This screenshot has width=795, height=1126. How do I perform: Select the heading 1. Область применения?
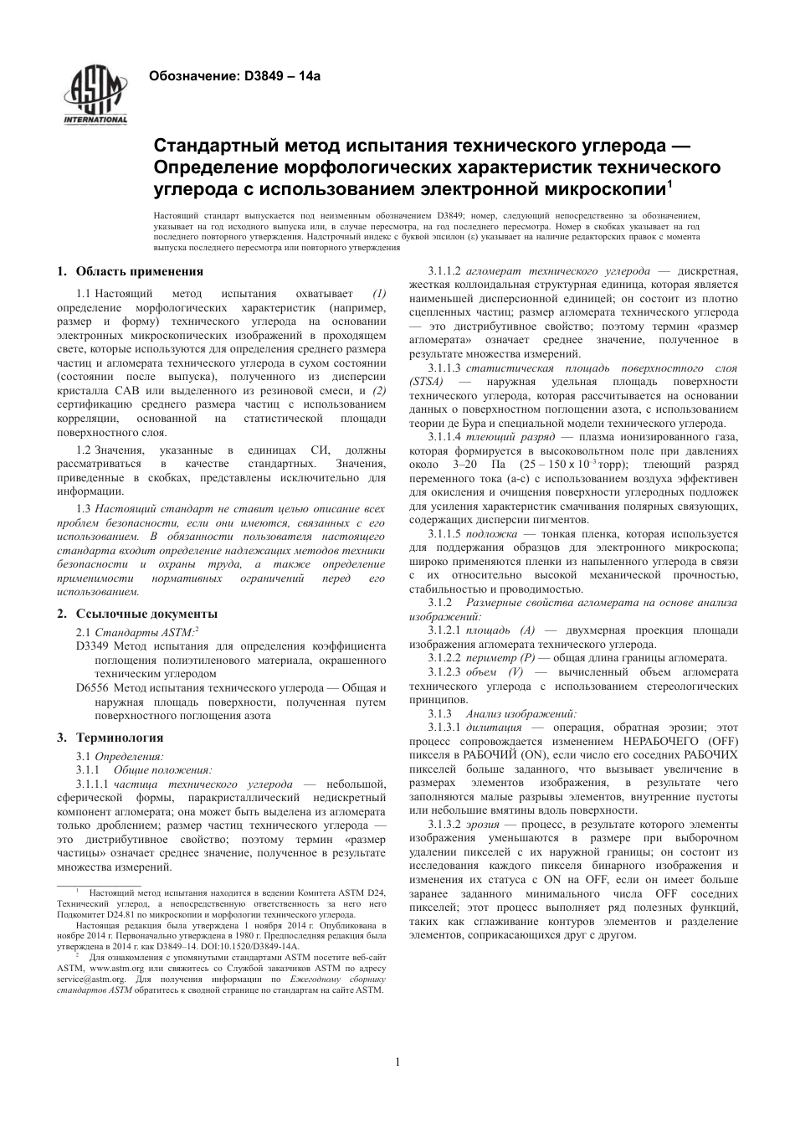130,271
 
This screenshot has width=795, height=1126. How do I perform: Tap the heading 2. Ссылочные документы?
136,614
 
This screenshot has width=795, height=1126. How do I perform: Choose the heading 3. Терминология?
110,738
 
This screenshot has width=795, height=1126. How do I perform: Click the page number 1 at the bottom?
397,1062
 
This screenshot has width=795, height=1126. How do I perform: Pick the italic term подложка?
491,534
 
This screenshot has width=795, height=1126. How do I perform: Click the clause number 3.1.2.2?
444,658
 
